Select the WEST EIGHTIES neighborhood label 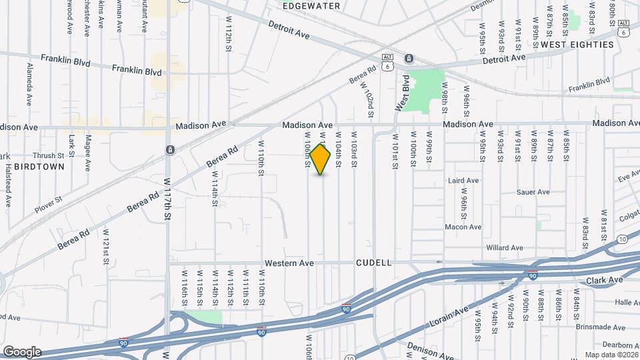tap(577, 45)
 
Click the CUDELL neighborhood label tap(373, 263)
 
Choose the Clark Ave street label tap(605, 280)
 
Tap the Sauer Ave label tap(533, 192)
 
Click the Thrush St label tap(47, 155)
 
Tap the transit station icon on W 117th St tap(170, 149)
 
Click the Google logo tap(21, 351)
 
